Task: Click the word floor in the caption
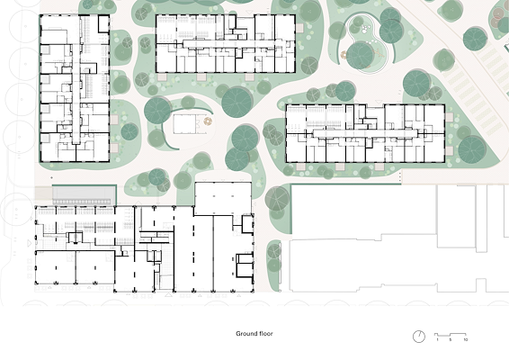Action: (265, 333)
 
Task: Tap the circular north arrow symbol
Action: (419, 337)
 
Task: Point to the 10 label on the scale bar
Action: (466, 340)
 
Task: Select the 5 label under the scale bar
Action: (451, 340)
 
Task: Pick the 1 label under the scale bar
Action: (437, 340)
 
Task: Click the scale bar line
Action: (451, 334)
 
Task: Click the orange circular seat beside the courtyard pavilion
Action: (208, 121)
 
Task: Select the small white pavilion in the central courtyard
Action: (184, 123)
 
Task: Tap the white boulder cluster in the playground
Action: (366, 29)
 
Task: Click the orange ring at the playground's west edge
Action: (344, 55)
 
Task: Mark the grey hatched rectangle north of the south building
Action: (85, 195)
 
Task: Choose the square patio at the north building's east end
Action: (299, 28)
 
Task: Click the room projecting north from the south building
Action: (223, 198)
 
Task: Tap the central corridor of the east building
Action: (365, 133)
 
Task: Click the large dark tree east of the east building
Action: (472, 149)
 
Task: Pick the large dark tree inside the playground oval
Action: (361, 56)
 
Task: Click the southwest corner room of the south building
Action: (56, 266)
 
